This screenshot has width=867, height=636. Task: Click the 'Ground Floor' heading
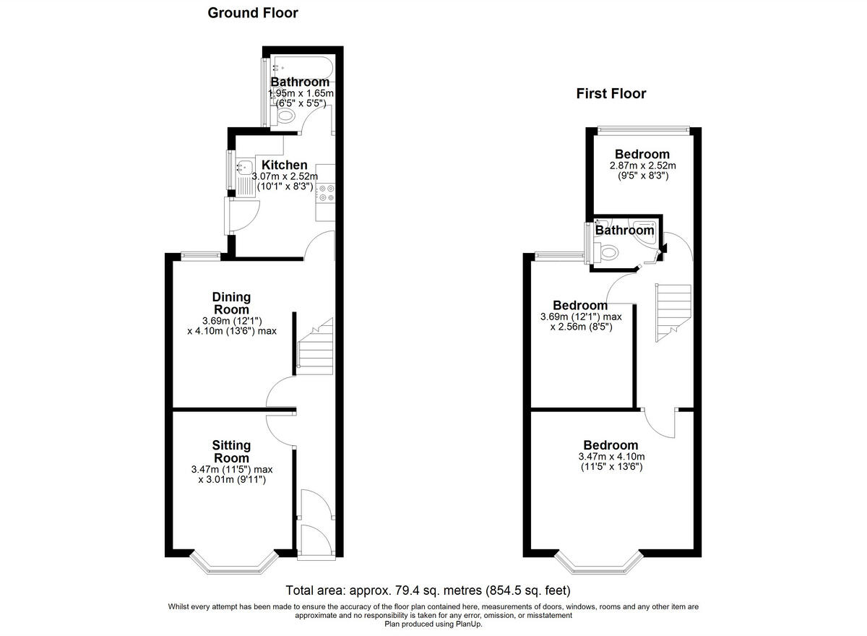(253, 13)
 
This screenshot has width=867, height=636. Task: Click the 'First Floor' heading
(611, 93)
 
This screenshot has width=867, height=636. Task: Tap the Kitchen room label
(284, 166)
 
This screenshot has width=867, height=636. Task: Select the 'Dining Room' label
(231, 303)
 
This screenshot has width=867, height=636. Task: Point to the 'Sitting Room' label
(231, 451)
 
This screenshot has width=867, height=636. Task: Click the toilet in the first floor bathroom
(609, 252)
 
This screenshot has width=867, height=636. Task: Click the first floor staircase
(673, 311)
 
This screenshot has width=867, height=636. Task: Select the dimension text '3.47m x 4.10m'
(611, 457)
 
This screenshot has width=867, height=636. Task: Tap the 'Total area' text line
(428, 590)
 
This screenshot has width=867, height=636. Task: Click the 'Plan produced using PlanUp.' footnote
(433, 624)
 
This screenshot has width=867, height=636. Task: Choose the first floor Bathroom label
(624, 231)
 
